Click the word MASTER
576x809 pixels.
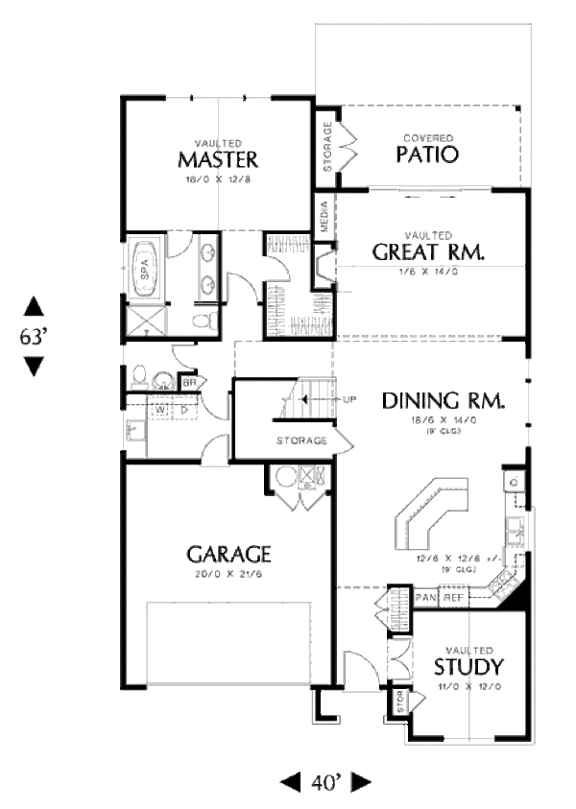(218, 158)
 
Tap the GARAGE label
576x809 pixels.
(228, 554)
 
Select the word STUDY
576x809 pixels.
(468, 667)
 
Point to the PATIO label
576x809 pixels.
(427, 154)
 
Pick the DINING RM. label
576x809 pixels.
(443, 399)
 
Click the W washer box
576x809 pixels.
(160, 411)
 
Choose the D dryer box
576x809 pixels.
(181, 411)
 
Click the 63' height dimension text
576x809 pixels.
(34, 337)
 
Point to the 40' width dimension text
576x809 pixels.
(324, 783)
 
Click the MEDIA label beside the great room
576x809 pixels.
(324, 220)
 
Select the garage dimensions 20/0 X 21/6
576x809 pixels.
(228, 574)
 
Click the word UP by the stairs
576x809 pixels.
(350, 399)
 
